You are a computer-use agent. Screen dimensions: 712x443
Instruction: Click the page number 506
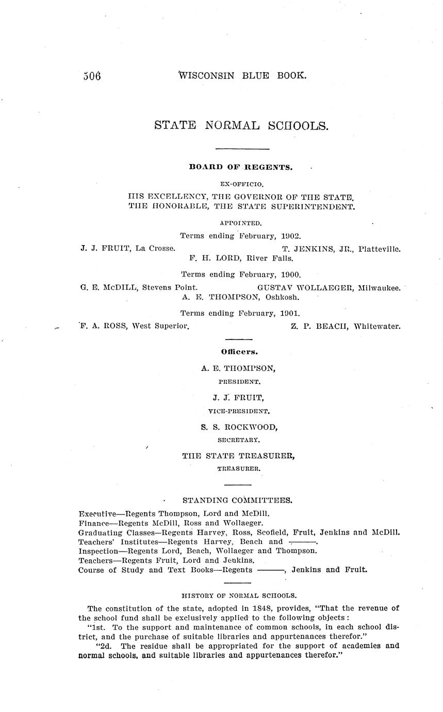point(92,76)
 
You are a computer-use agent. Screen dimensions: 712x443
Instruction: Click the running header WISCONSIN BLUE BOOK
point(242,75)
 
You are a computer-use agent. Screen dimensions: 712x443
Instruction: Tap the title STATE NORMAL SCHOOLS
point(241,125)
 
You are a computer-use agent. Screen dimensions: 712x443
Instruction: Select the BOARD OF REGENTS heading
point(241,167)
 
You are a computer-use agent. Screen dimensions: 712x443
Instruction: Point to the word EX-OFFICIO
point(241,183)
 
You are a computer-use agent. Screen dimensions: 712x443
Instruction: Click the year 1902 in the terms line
point(291,236)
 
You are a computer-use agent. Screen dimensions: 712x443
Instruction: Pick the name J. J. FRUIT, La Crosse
point(127,248)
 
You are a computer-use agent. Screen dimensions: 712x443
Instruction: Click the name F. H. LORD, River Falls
point(241,258)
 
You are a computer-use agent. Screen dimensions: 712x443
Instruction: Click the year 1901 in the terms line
point(291,313)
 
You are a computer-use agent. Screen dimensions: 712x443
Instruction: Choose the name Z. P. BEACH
point(320,326)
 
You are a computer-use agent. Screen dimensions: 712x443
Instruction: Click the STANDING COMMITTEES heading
point(238,500)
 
